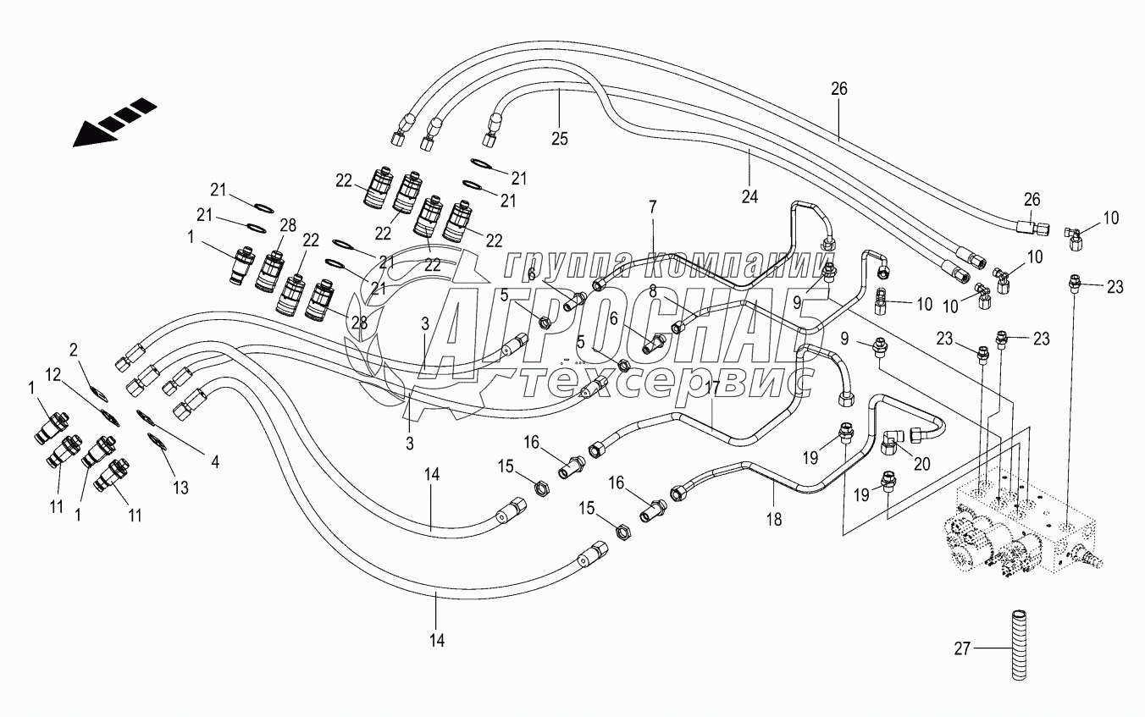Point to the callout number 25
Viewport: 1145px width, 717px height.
tap(560, 137)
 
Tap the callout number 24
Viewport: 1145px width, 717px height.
tap(750, 197)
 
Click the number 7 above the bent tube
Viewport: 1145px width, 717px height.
tap(653, 206)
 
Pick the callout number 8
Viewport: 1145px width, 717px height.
tap(653, 291)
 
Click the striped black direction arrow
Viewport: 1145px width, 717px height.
tap(114, 122)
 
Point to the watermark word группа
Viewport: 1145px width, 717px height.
tap(564, 265)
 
